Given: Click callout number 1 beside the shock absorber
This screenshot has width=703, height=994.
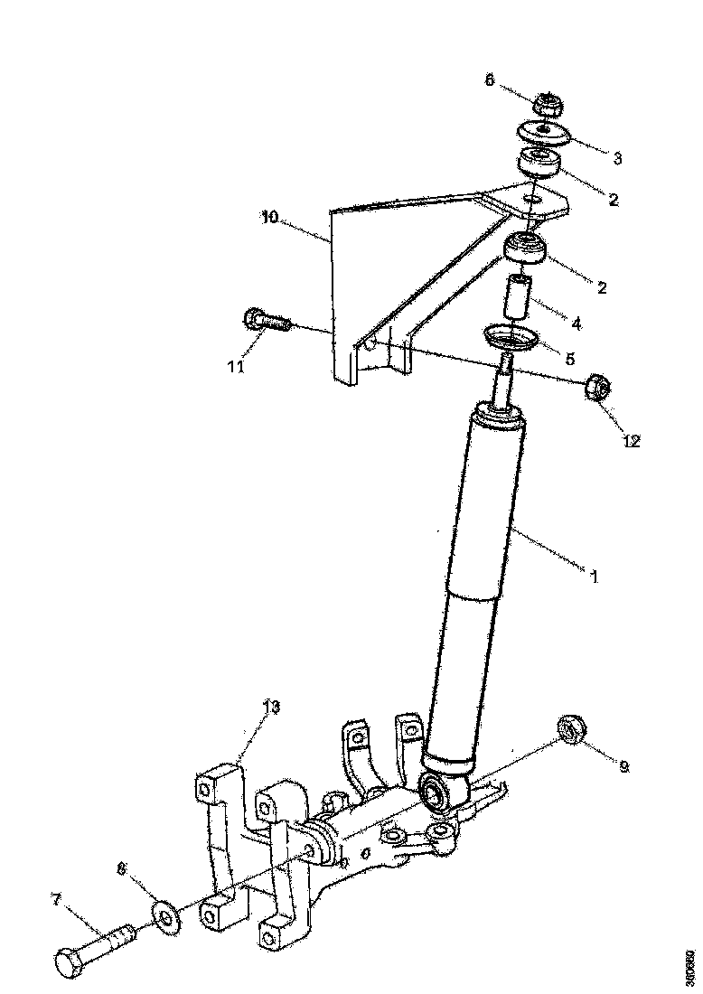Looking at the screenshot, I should point(595,575).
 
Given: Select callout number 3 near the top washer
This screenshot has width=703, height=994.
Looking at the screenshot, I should point(617,158).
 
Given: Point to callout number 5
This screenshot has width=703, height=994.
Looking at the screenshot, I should point(569,358).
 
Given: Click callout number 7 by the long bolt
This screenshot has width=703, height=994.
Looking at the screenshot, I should point(56,900).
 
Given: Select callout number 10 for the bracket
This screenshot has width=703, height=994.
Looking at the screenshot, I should point(269,216).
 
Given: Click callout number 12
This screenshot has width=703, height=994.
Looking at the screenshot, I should point(630,441).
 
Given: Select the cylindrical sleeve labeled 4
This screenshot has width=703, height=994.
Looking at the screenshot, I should point(518,298).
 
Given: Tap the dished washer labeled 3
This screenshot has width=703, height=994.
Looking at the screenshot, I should point(543,135).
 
